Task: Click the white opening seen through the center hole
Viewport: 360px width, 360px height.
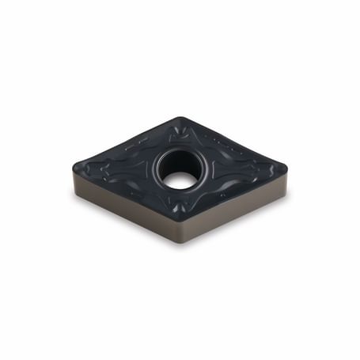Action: [180, 180]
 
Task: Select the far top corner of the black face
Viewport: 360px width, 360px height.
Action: [180, 119]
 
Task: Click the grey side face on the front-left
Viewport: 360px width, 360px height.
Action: [127, 207]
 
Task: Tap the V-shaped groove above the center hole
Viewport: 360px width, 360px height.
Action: [180, 136]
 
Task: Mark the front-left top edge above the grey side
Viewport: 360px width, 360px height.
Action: [127, 195]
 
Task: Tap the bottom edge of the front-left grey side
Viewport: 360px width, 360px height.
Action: [127, 219]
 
